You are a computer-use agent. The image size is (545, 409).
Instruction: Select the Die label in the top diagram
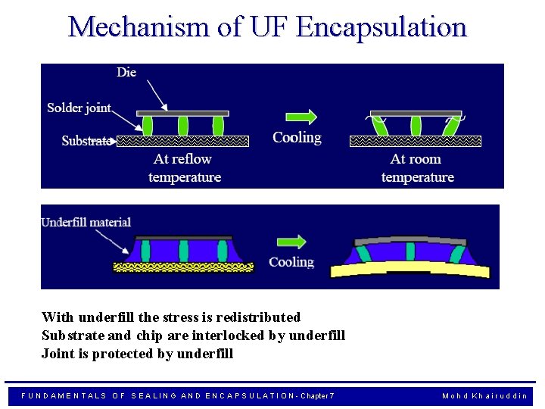tap(126, 73)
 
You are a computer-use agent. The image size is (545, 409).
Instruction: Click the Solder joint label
tap(79, 108)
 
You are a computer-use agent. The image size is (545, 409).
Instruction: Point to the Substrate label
tap(86, 141)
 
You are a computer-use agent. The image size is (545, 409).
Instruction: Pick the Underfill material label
tap(86, 222)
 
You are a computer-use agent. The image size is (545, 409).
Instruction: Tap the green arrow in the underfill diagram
tap(291, 242)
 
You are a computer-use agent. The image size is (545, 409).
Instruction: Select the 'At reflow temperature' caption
tap(184, 168)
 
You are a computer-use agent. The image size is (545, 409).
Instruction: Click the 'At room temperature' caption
tap(417, 168)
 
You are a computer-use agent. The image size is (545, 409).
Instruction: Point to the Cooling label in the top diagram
tap(297, 138)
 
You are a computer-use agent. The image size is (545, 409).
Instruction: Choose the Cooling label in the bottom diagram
tap(291, 262)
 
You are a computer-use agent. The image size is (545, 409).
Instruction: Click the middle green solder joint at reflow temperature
tap(182, 126)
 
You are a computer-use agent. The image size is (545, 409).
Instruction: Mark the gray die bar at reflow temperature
tap(182, 114)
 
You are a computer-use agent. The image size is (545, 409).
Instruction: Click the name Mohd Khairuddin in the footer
tap(484, 396)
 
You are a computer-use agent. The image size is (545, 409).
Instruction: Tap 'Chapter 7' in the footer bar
tap(317, 396)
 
